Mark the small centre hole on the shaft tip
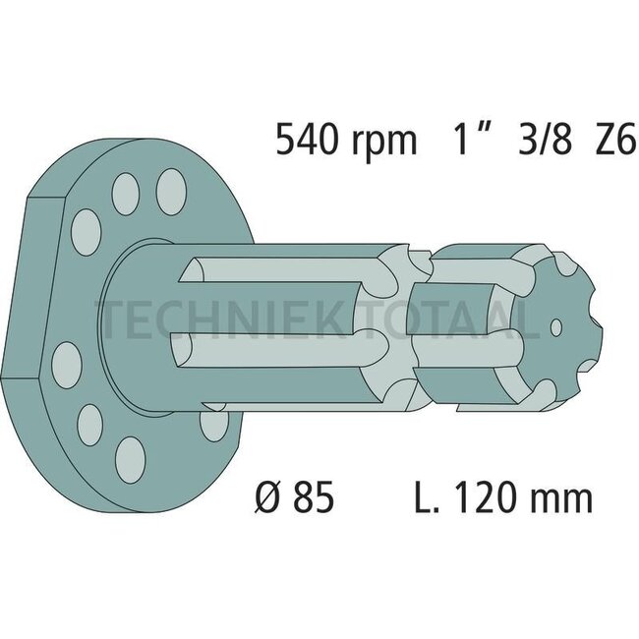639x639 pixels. (556, 326)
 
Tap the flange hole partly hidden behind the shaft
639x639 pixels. (211, 423)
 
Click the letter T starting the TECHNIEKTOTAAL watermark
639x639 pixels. (106, 318)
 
